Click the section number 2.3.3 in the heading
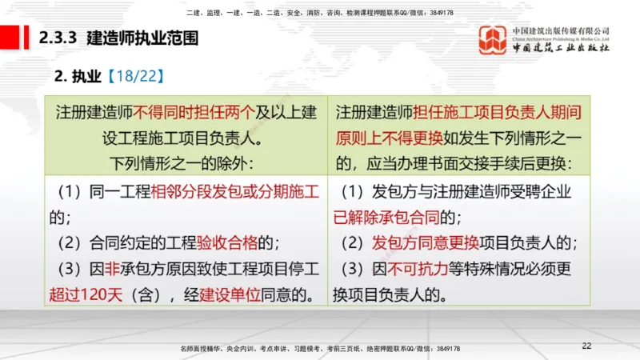click(57, 37)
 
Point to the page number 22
click(586, 346)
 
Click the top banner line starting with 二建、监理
click(319, 13)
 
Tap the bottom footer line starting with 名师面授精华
click(320, 349)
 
